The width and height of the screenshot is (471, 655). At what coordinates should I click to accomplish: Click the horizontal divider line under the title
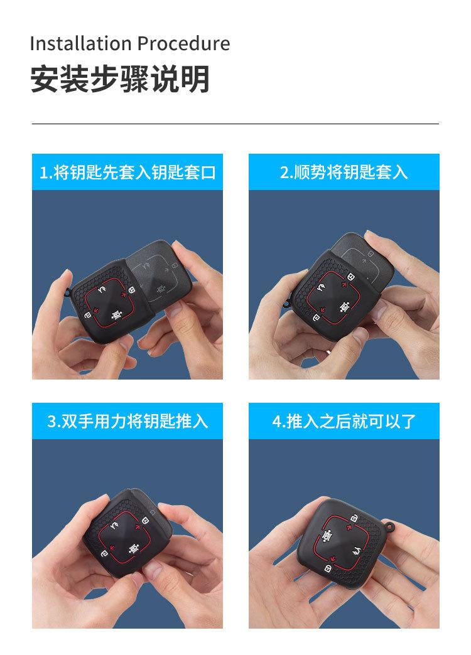(x=235, y=124)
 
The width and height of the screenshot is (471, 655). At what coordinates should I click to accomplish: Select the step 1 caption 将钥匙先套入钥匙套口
(x=134, y=172)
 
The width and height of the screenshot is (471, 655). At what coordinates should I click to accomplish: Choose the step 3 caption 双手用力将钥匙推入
(x=134, y=420)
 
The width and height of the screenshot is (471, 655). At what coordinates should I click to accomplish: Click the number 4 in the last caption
(x=276, y=421)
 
